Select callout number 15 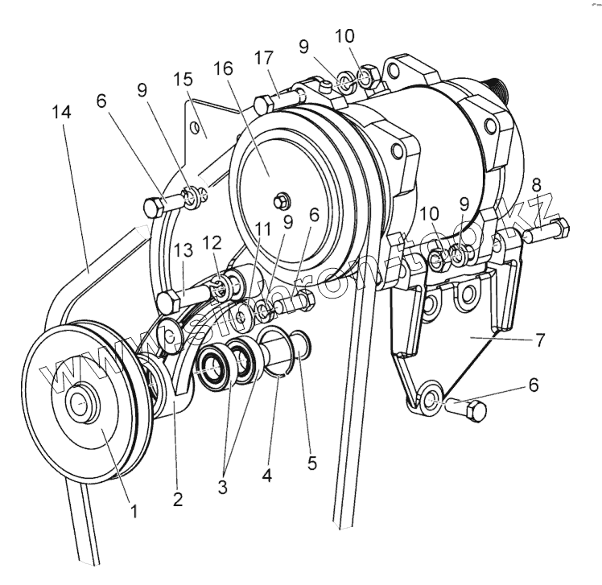pyautogui.click(x=183, y=81)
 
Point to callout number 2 pyautogui.click(x=177, y=499)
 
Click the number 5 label pyautogui.click(x=312, y=463)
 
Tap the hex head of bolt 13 pyautogui.click(x=167, y=303)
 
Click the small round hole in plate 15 pyautogui.click(x=193, y=128)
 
